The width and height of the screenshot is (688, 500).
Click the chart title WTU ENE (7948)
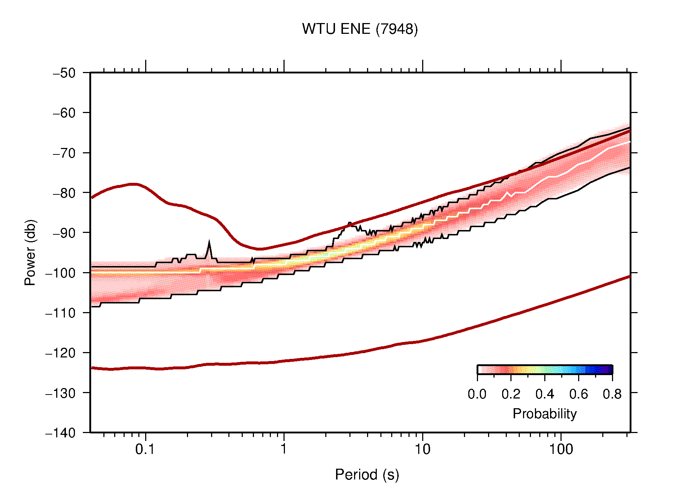click(x=359, y=29)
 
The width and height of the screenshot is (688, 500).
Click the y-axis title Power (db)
click(x=30, y=252)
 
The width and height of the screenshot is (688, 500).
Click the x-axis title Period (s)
click(x=367, y=474)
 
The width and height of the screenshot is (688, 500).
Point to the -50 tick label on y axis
click(x=64, y=73)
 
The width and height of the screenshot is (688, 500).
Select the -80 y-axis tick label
click(x=64, y=193)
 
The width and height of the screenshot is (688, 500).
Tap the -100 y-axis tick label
click(x=61, y=273)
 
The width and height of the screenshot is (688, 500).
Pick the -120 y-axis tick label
click(x=61, y=353)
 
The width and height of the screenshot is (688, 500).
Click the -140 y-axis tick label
click(x=61, y=433)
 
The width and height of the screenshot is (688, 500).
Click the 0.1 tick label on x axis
click(x=145, y=449)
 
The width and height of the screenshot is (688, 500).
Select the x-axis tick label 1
click(x=284, y=449)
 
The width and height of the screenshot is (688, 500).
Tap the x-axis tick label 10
click(x=422, y=449)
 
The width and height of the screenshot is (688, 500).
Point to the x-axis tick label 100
click(x=560, y=449)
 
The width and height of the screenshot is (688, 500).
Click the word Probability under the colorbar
click(x=544, y=414)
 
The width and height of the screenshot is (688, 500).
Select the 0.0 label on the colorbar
click(x=477, y=394)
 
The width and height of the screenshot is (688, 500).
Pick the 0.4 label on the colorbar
click(x=545, y=394)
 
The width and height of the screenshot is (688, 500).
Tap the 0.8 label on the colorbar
click(x=612, y=394)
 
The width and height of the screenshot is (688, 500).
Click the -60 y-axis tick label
click(x=64, y=113)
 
